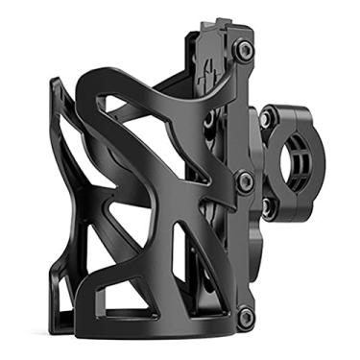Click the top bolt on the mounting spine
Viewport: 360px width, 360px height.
(247, 48)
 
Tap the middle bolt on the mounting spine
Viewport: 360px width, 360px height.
(245, 179)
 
